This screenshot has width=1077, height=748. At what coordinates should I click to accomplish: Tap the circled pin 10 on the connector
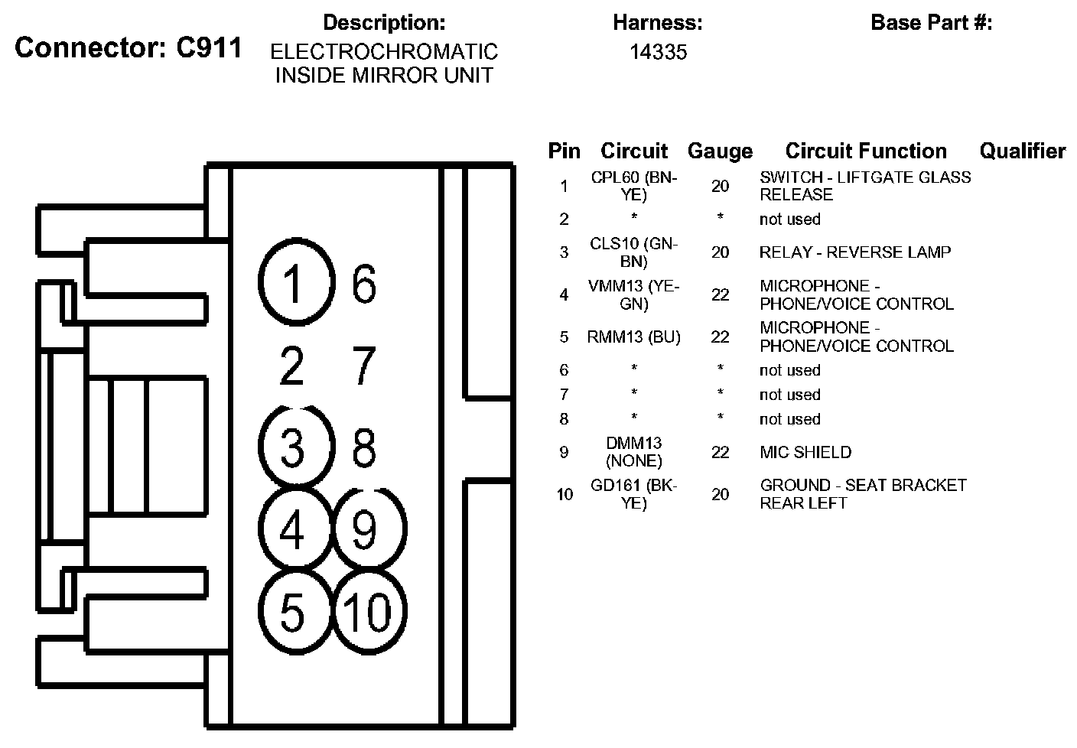[x=369, y=613]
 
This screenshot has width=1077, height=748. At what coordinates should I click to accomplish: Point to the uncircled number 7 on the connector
[x=363, y=366]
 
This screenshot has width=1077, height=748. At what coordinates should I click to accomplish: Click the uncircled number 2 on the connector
[x=292, y=366]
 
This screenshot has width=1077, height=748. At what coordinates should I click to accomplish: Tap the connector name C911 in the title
[x=208, y=47]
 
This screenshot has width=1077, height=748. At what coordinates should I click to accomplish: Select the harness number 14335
[x=658, y=52]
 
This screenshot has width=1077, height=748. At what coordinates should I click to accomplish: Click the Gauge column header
[x=720, y=151]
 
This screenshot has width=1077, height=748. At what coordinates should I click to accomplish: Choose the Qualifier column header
[x=1022, y=151]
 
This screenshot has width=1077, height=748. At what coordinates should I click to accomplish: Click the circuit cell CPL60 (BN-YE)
[x=634, y=186]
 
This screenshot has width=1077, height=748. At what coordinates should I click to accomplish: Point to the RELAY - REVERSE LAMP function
[x=854, y=252]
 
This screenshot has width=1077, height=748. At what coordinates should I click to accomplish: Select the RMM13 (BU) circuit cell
[x=634, y=337]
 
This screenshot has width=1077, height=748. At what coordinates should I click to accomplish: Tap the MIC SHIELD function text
[x=805, y=452]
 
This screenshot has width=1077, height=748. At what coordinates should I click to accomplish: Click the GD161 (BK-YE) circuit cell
[x=634, y=494]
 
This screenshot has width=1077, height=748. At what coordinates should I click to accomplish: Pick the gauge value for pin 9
[x=720, y=452]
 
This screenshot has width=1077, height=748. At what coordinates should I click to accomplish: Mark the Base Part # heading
[x=931, y=23]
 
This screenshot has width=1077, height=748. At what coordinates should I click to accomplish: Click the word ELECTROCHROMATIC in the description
[x=384, y=52]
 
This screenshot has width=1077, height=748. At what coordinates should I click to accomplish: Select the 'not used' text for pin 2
[x=789, y=220]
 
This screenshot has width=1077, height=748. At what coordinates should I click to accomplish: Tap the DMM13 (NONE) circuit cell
[x=634, y=452]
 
